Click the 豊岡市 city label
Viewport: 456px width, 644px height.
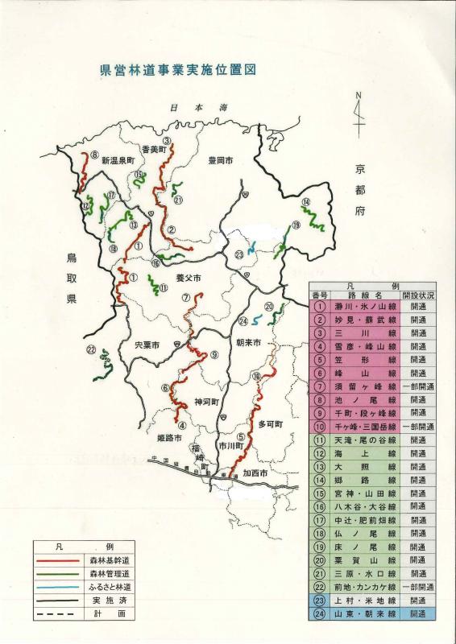219,161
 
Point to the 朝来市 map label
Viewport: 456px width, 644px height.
248,342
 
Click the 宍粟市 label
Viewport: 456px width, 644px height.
148,345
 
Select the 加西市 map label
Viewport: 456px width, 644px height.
256,474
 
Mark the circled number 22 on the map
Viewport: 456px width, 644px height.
91,349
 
